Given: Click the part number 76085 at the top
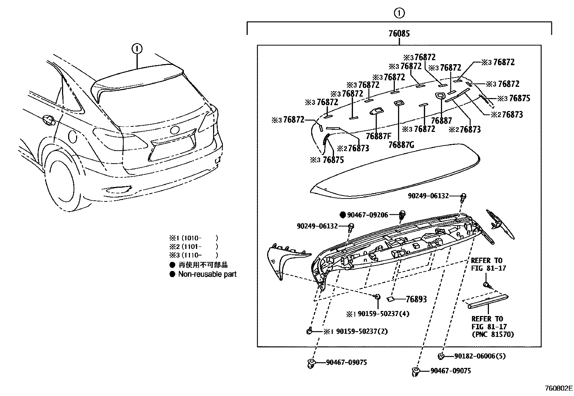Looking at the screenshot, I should (399, 34).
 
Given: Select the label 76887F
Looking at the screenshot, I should (378, 136).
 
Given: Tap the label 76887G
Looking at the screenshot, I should (401, 145).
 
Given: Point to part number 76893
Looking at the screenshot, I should (416, 299).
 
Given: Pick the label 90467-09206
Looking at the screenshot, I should (367, 215).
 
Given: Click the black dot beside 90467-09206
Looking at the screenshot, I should (343, 215).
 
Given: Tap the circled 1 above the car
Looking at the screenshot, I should (137, 49).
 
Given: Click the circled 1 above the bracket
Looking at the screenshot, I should (399, 13).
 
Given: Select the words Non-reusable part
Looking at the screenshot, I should (207, 274).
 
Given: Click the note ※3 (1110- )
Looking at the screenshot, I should (194, 255).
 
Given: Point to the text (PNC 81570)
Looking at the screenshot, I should (493, 334).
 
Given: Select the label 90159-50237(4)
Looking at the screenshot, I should (383, 314).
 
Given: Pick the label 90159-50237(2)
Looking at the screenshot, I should (362, 331).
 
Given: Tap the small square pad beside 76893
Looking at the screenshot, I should (390, 299).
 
